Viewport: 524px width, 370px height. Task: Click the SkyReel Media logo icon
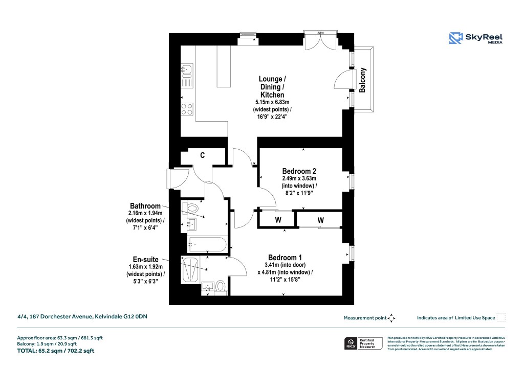click(455, 38)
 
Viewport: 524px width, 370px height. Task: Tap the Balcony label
click(363, 80)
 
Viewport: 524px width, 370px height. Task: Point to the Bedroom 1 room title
click(285, 257)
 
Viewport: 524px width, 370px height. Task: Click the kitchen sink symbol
click(187, 70)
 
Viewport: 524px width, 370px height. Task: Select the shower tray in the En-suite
click(190, 269)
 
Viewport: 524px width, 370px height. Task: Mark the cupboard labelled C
click(203, 155)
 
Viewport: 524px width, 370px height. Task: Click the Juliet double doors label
click(320, 32)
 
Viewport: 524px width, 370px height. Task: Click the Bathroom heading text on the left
click(148, 205)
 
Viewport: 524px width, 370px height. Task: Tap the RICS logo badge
click(351, 343)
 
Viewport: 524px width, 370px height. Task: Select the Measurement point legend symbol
click(391, 318)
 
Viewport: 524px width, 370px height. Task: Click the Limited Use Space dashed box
click(501, 317)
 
